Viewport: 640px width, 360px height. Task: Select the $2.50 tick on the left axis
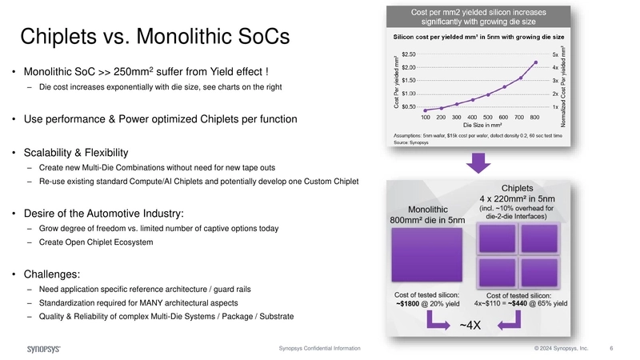408,54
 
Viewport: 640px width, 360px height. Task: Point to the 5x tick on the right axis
554,54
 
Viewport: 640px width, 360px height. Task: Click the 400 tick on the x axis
473,117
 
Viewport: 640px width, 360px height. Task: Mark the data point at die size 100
425,110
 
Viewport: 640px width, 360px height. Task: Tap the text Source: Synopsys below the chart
412,142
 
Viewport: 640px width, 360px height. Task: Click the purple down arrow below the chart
478,163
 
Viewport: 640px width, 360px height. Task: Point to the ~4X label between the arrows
469,325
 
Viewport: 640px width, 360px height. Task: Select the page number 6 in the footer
611,349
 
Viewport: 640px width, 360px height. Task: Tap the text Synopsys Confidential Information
319,349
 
